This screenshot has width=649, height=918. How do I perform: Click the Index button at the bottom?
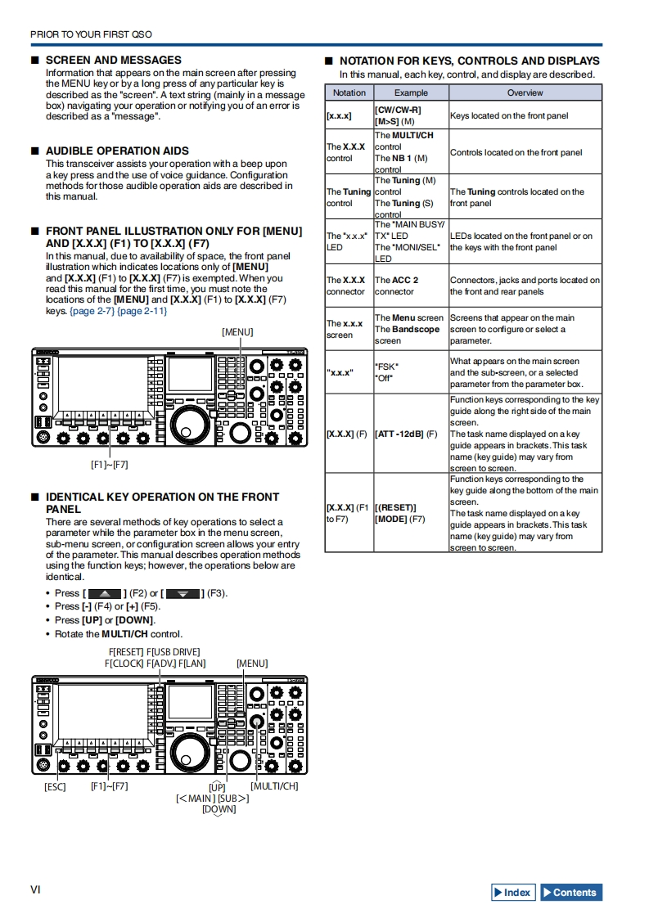(513, 893)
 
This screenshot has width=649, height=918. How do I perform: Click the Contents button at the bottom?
(571, 893)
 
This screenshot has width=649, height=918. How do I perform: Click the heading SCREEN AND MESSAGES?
(113, 60)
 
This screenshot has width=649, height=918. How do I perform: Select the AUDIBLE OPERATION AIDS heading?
(117, 151)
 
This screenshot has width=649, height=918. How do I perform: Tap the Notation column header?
(349, 93)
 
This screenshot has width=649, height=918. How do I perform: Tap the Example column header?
(411, 93)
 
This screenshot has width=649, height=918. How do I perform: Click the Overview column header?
(525, 93)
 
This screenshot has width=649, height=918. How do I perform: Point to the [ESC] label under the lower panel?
(55, 786)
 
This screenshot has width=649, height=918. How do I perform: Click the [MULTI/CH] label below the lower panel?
(274, 786)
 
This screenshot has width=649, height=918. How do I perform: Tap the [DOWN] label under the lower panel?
(219, 809)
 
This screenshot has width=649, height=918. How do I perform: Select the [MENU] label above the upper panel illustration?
(237, 331)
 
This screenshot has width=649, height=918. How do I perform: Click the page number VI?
(35, 889)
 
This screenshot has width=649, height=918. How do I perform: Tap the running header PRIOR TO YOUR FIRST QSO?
(91, 34)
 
